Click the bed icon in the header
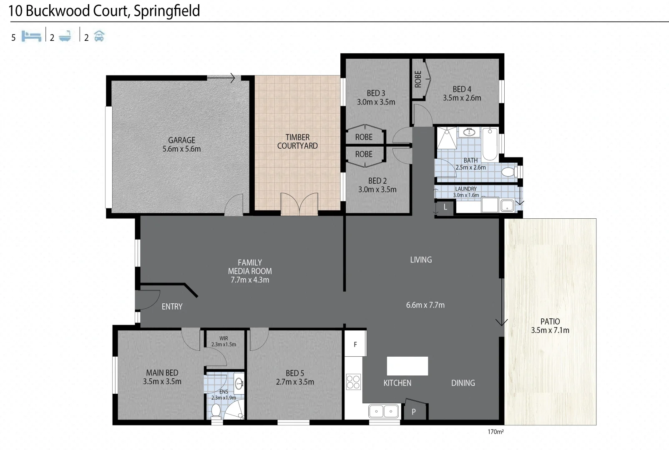(x=31, y=36)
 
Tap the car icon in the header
(x=99, y=36)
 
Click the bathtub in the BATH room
(x=490, y=144)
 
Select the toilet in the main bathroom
(x=508, y=172)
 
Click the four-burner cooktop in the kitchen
(x=353, y=382)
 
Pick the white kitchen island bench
(x=407, y=366)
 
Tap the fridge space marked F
(x=355, y=344)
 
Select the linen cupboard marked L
(x=445, y=207)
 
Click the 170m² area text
(x=495, y=432)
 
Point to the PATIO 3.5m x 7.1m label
(x=550, y=326)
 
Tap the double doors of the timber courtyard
(x=299, y=204)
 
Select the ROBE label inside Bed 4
(x=418, y=79)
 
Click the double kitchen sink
(x=383, y=411)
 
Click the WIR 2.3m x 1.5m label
(x=224, y=341)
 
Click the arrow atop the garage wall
(x=221, y=77)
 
